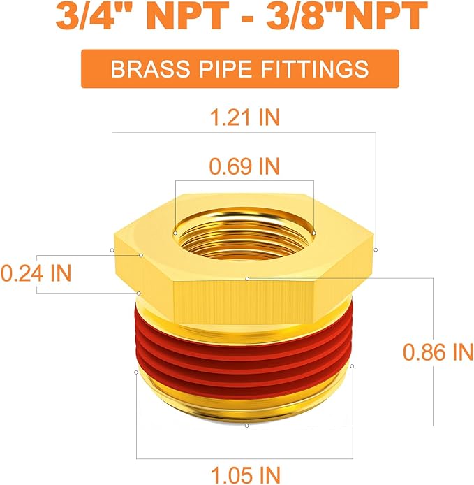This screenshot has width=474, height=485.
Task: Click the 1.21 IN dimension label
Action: (244, 117)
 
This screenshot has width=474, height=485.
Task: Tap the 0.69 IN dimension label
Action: (244, 166)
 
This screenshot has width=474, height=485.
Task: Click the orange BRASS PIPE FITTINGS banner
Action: (239, 69)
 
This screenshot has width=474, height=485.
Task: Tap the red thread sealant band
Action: (244, 349)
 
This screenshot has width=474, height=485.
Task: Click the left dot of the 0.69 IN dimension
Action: (175, 231)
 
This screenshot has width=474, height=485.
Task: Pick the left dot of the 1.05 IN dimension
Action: (135, 372)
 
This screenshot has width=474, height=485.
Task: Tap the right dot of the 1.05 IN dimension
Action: (353, 365)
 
